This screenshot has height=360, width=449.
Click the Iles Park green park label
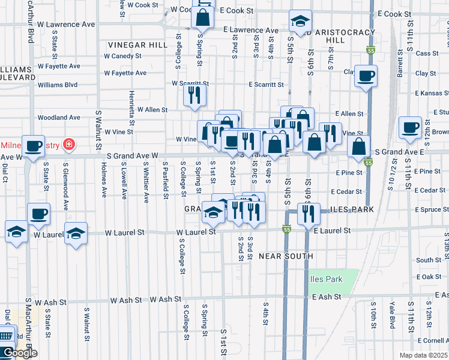click(327, 279)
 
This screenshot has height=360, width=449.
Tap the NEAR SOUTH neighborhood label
click(286, 256)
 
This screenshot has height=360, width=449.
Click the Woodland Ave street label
click(58, 118)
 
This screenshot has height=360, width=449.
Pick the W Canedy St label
click(122, 56)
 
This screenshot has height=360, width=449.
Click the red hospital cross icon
click(69, 144)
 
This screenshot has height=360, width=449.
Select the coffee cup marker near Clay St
click(366, 77)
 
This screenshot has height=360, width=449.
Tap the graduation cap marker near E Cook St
click(300, 22)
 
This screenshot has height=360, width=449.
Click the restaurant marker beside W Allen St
click(194, 95)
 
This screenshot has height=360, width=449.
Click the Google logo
click(19, 353)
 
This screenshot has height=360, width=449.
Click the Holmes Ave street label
click(104, 184)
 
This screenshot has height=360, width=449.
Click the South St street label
click(428, 260)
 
